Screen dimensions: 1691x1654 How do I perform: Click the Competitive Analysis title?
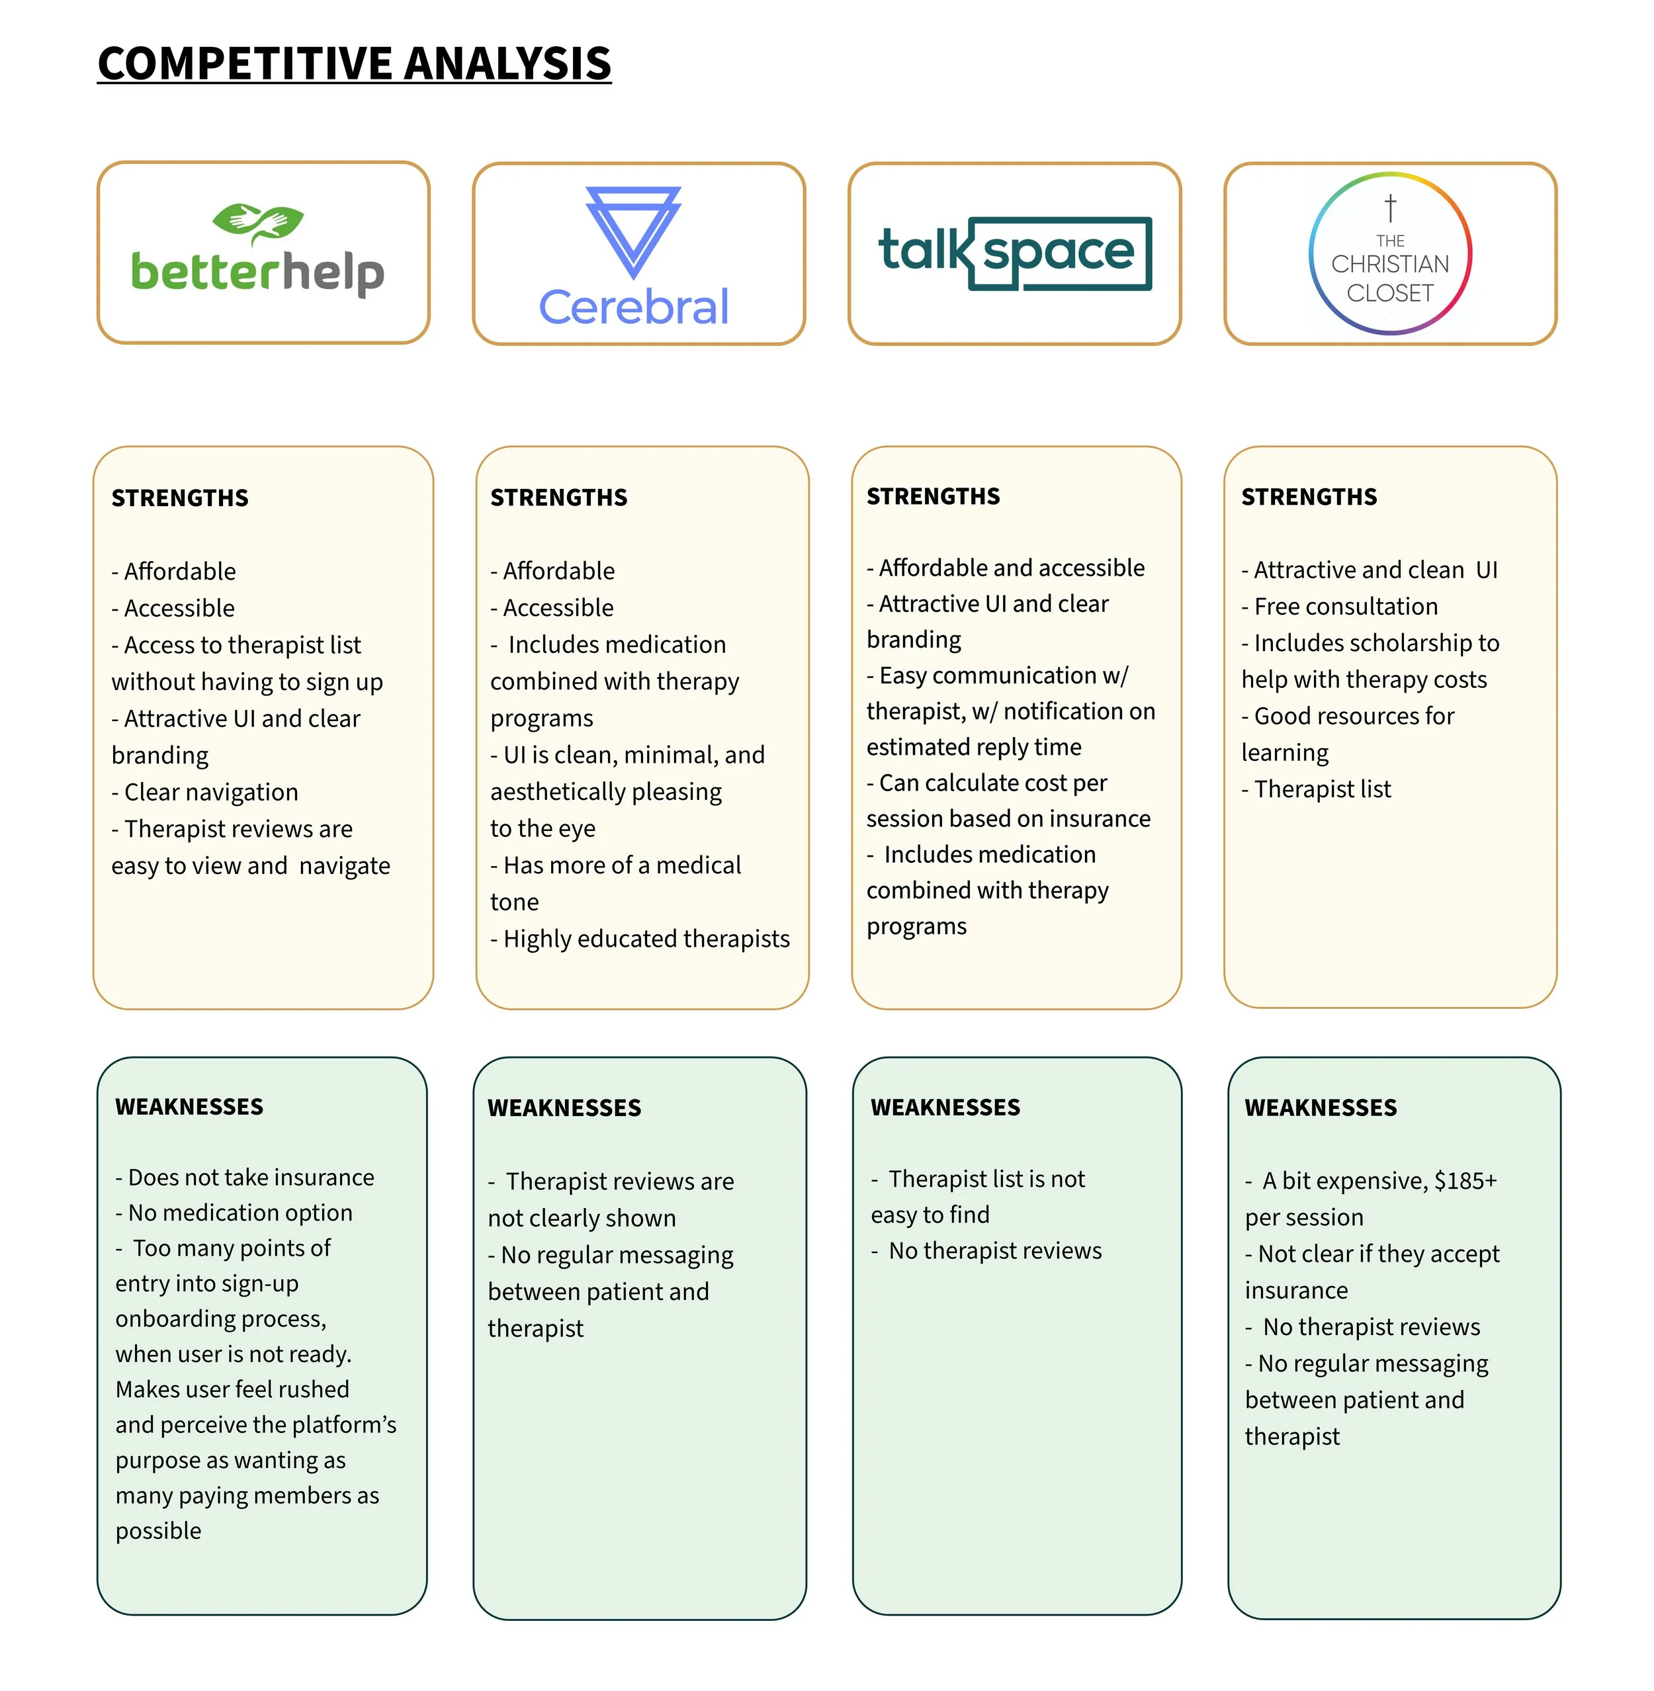(x=355, y=64)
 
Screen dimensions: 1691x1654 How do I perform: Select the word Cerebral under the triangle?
(x=633, y=306)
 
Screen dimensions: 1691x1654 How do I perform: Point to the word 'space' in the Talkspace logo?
(x=1058, y=252)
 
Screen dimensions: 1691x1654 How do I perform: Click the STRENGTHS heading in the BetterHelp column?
(x=180, y=498)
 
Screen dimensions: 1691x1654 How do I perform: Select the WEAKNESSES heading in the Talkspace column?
(x=945, y=1107)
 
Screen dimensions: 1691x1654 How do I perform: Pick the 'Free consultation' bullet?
(x=1346, y=606)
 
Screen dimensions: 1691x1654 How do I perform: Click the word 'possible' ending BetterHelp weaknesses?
(x=158, y=1530)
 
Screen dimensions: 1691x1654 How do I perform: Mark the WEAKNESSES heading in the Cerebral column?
(x=564, y=1108)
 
